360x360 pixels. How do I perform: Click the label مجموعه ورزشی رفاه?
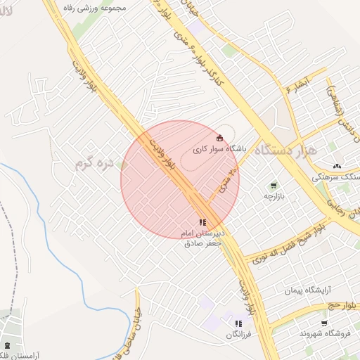pyautogui.click(x=94, y=8)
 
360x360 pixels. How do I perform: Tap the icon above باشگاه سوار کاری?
pyautogui.click(x=220, y=136)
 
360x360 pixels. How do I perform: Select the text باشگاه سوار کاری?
pyautogui.click(x=219, y=149)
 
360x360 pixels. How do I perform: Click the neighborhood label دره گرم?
pyautogui.click(x=95, y=164)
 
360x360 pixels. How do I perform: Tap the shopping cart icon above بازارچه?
pyautogui.click(x=273, y=186)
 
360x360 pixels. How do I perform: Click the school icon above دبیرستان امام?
pyautogui.click(x=203, y=222)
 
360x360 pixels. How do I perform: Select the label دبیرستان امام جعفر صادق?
pyautogui.click(x=202, y=238)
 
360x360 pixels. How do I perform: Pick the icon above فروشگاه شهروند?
pyautogui.click(x=323, y=323)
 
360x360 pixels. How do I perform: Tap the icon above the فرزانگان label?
pyautogui.click(x=238, y=323)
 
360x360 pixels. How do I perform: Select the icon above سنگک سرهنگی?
pyautogui.click(x=337, y=166)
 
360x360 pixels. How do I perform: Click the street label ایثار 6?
pyautogui.click(x=285, y=88)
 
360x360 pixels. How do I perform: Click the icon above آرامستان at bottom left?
pyautogui.click(x=8, y=345)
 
